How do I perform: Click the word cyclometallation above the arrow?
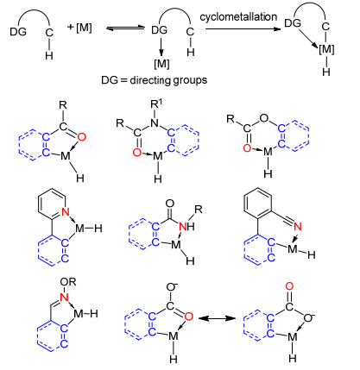[x=238, y=16]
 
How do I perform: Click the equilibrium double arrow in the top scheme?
[x=125, y=28]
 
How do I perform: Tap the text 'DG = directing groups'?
[x=154, y=80]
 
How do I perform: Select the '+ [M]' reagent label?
[x=79, y=28]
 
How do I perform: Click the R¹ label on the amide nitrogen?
[x=156, y=104]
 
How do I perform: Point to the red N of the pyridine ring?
[x=66, y=212]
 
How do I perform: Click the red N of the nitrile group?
[x=298, y=227]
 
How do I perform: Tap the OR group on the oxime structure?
[x=68, y=282]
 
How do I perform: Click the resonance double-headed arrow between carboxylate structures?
[x=217, y=318]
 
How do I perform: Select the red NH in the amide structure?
[x=186, y=227]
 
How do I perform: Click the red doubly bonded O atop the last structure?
[x=289, y=286]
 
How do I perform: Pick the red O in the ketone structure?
[x=82, y=137]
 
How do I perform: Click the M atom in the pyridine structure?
[x=80, y=229]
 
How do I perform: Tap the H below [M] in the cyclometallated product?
[x=326, y=72]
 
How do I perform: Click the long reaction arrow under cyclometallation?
[x=243, y=29]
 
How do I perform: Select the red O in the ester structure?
[x=247, y=148]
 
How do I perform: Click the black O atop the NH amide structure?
[x=170, y=204]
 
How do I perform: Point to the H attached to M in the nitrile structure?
[x=312, y=254]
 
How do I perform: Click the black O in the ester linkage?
[x=263, y=118]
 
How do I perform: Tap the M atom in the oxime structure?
[x=79, y=314]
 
